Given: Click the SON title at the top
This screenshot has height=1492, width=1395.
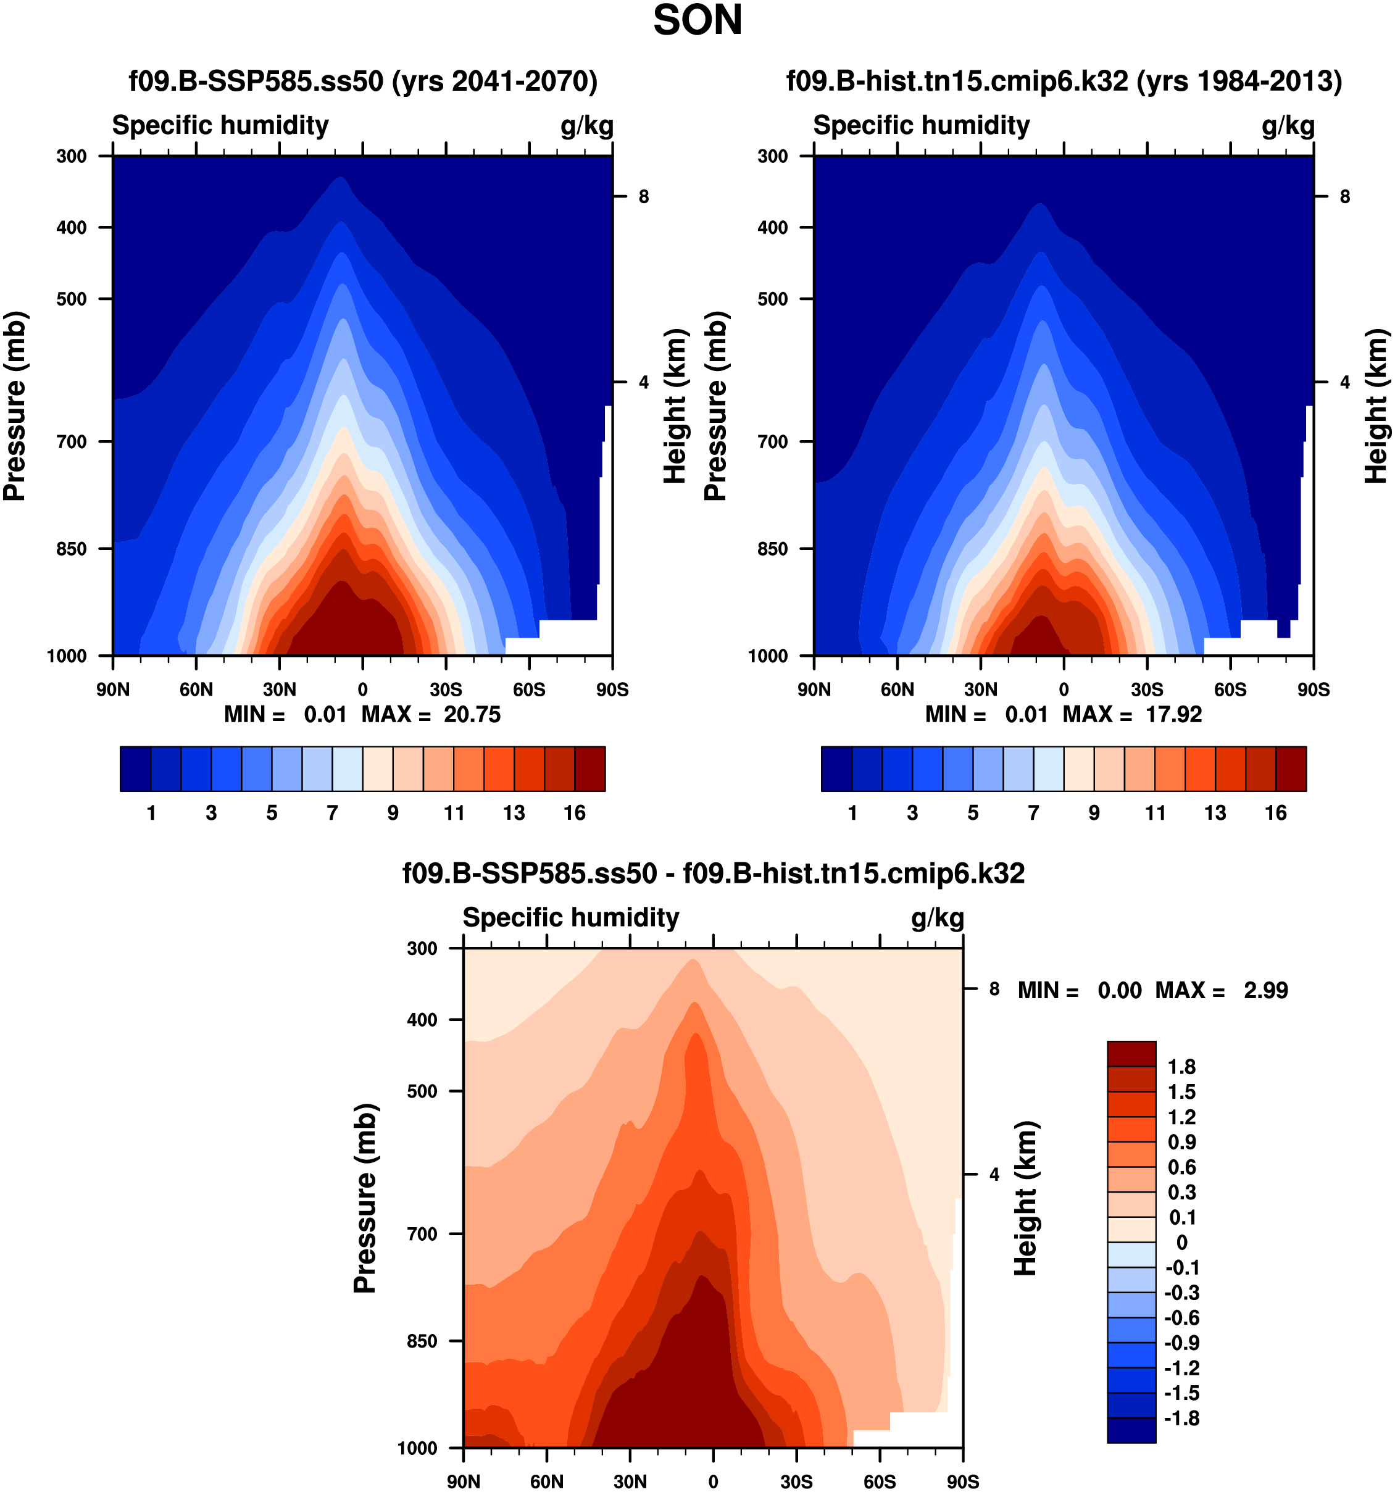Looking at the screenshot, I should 697,20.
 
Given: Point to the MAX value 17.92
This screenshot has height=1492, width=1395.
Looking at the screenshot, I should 1173,714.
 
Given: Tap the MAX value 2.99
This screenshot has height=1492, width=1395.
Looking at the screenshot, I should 1265,990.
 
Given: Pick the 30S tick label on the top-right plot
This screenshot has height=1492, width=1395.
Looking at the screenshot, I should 1147,689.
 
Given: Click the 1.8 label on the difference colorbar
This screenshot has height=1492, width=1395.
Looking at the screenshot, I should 1181,1067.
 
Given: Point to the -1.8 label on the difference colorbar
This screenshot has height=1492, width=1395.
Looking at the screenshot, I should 1181,1418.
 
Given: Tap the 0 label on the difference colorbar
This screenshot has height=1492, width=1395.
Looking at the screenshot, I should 1181,1242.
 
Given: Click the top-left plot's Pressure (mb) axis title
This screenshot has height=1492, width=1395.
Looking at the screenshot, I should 15,406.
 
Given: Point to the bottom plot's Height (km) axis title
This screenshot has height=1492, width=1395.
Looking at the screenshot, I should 1025,1199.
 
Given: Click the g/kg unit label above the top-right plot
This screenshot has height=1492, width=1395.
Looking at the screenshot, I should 1288,125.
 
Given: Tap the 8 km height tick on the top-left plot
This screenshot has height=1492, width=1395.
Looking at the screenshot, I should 643,197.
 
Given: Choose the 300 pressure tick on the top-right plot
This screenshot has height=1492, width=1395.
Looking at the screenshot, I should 772,156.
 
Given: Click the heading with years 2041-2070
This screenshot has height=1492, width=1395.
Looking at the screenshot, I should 363,80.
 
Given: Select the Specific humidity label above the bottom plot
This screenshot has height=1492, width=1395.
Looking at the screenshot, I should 570,917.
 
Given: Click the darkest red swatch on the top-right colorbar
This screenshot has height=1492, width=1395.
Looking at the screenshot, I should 1291,769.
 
